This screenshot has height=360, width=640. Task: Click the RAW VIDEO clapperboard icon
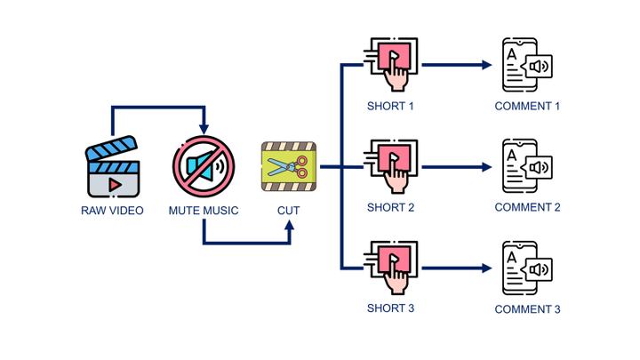pyautogui.click(x=113, y=167)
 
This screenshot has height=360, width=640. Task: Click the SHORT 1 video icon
pyautogui.click(x=391, y=64)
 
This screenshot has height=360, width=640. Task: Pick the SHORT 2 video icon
pyautogui.click(x=391, y=166)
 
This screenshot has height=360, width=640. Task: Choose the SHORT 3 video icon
pyautogui.click(x=391, y=267)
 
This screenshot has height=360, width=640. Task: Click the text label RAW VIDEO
pyautogui.click(x=113, y=211)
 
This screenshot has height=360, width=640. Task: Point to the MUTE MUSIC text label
pyautogui.click(x=204, y=211)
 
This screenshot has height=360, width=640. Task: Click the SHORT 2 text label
pyautogui.click(x=391, y=207)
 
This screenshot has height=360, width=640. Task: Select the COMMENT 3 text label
pyautogui.click(x=527, y=309)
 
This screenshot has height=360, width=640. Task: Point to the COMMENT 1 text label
pyautogui.click(x=527, y=107)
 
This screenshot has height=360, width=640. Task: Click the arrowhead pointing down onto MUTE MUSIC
pyautogui.click(x=204, y=130)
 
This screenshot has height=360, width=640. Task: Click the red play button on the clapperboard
pyautogui.click(x=114, y=184)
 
